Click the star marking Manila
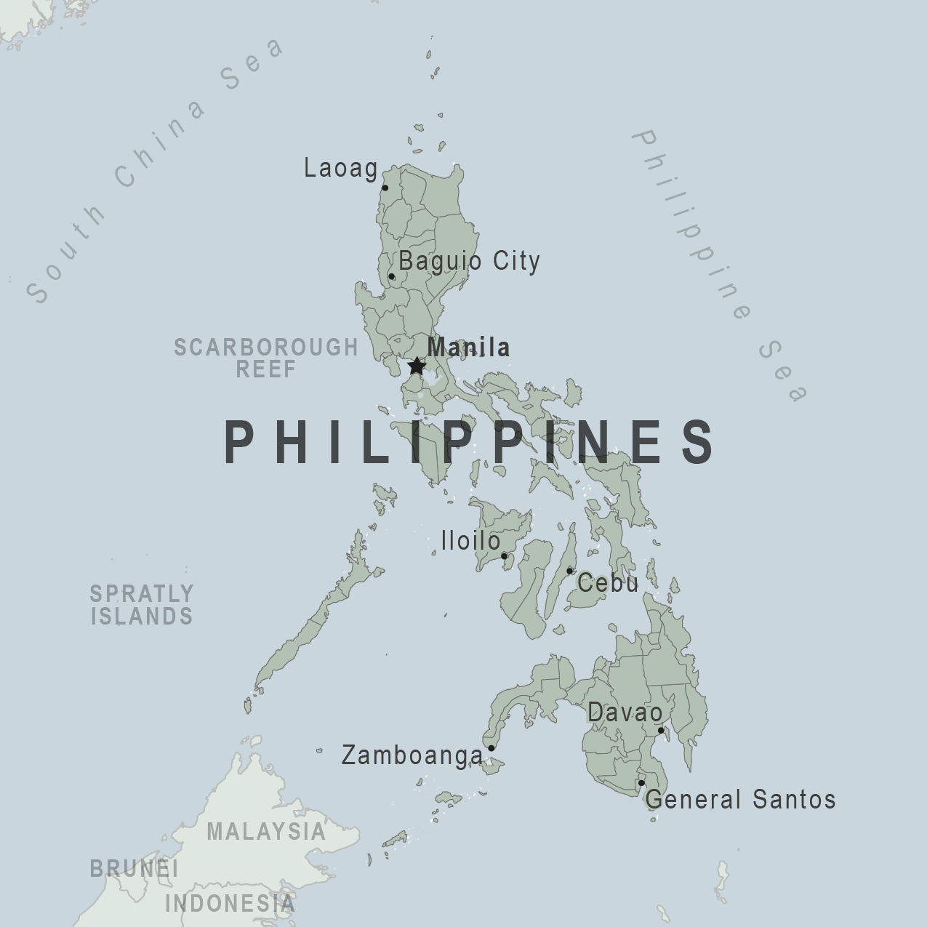pos(416,366)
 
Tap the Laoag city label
pos(340,169)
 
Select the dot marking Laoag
pos(385,188)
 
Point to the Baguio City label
pos(469,261)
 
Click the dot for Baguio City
pos(392,276)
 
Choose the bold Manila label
pos(468,347)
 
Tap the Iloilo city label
pos(470,541)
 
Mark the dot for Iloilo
pos(504,556)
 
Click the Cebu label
pos(608,583)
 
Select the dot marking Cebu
pos(569,571)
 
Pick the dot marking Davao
pos(661,731)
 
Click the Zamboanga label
pos(412,755)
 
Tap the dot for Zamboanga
pos(491,748)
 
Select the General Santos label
pos(740,800)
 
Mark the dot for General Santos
pos(641,783)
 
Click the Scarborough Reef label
pos(266,358)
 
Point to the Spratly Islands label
pos(142,605)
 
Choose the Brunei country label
pos(134,868)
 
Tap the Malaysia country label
pos(266,831)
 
